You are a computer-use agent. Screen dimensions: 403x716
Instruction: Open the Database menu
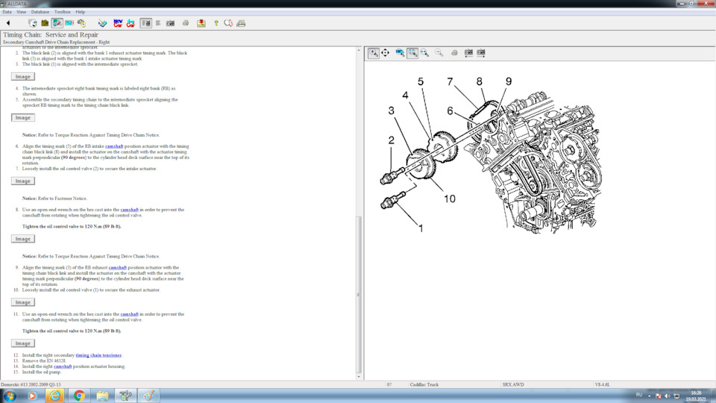40,12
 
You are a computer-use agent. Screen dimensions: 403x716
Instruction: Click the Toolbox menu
63,12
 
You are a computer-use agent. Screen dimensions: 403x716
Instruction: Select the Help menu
81,12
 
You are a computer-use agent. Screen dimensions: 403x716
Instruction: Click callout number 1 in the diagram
421,228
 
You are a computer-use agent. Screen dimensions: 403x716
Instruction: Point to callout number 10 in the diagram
450,199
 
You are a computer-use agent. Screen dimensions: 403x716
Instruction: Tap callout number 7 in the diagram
450,81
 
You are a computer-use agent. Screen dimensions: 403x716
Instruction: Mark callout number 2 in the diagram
391,140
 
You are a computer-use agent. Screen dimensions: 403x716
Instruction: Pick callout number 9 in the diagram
508,81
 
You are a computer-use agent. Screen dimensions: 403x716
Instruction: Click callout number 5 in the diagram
421,81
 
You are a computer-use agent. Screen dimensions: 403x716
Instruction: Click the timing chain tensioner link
98,355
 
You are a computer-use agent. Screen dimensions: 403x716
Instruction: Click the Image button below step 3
23,76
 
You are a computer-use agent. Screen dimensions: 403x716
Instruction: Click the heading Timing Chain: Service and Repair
50,34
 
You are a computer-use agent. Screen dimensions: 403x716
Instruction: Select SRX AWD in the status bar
512,384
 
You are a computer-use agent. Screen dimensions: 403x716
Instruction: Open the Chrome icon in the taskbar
79,395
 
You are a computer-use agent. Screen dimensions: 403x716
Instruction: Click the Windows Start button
10,395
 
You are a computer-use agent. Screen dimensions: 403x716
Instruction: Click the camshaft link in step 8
129,210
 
